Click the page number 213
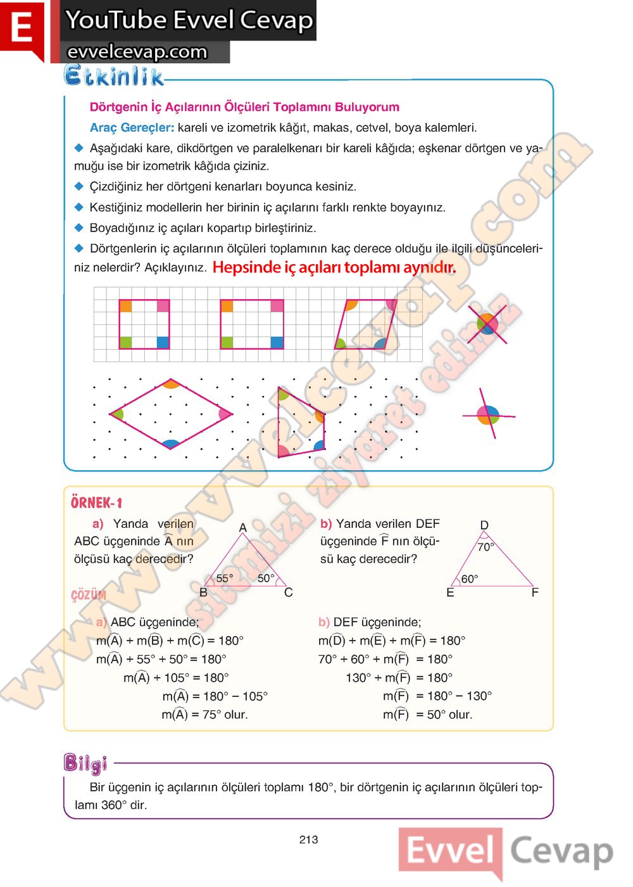(308, 839)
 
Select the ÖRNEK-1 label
(96, 502)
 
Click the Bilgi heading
(85, 763)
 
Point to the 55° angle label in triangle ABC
(224, 578)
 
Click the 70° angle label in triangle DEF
(486, 547)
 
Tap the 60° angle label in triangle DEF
(469, 578)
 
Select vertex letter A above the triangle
(242, 527)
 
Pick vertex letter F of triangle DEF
(535, 592)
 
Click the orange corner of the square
(126, 307)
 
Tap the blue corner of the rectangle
(277, 342)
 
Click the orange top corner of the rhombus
(171, 384)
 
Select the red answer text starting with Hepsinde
(334, 267)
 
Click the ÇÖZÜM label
(89, 595)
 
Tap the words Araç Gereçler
(132, 127)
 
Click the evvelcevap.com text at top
(137, 52)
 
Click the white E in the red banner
(22, 29)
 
